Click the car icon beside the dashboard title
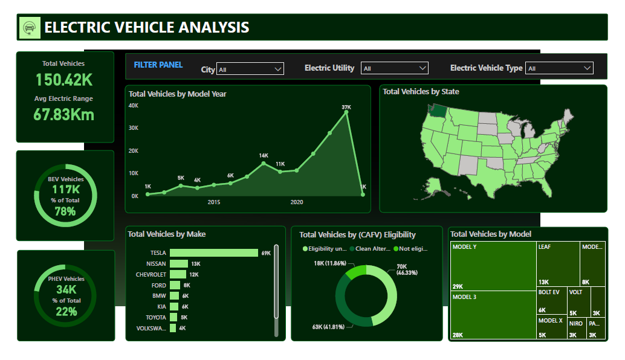coord(28,27)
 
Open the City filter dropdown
coord(250,69)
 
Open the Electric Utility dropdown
coord(394,68)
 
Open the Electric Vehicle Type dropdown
coord(559,68)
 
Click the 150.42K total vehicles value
coord(64,80)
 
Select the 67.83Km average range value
coord(64,115)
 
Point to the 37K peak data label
coord(346,107)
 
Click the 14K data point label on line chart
coord(264,156)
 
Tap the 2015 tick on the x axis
coord(214,202)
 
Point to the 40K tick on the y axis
coord(134,105)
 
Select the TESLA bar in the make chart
coord(213,253)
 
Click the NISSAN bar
coord(179,264)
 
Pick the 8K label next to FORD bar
coord(187,285)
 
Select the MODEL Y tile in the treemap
coord(493,266)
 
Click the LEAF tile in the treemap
coord(558,264)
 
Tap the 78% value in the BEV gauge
coord(65,211)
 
